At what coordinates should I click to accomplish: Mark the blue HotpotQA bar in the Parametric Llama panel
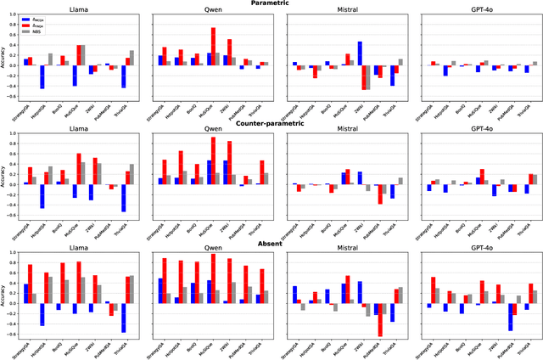pos(42,76)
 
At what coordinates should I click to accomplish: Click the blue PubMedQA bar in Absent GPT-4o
pos(510,318)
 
